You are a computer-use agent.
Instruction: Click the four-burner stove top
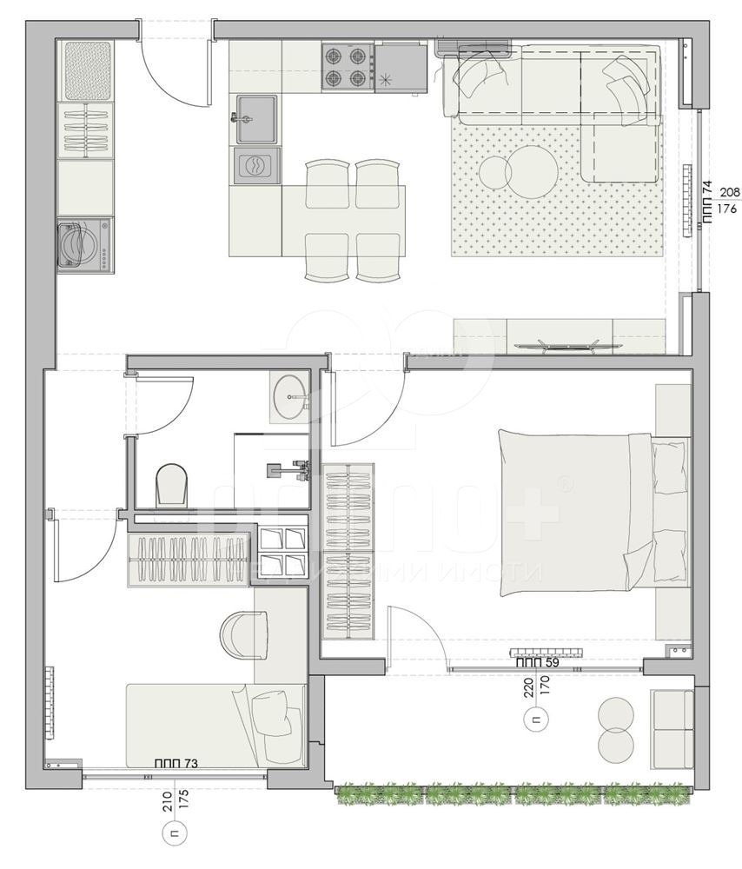click(345, 67)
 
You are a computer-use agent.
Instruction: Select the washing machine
click(84, 244)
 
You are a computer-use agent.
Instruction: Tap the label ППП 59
click(537, 662)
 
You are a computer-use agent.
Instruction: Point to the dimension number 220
click(527, 691)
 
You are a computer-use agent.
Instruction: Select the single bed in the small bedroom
click(215, 723)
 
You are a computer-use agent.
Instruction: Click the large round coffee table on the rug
click(532, 171)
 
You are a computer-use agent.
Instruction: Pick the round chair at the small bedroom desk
click(242, 636)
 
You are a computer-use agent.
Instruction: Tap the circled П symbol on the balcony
click(535, 719)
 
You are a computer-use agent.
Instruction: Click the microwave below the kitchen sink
click(257, 165)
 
